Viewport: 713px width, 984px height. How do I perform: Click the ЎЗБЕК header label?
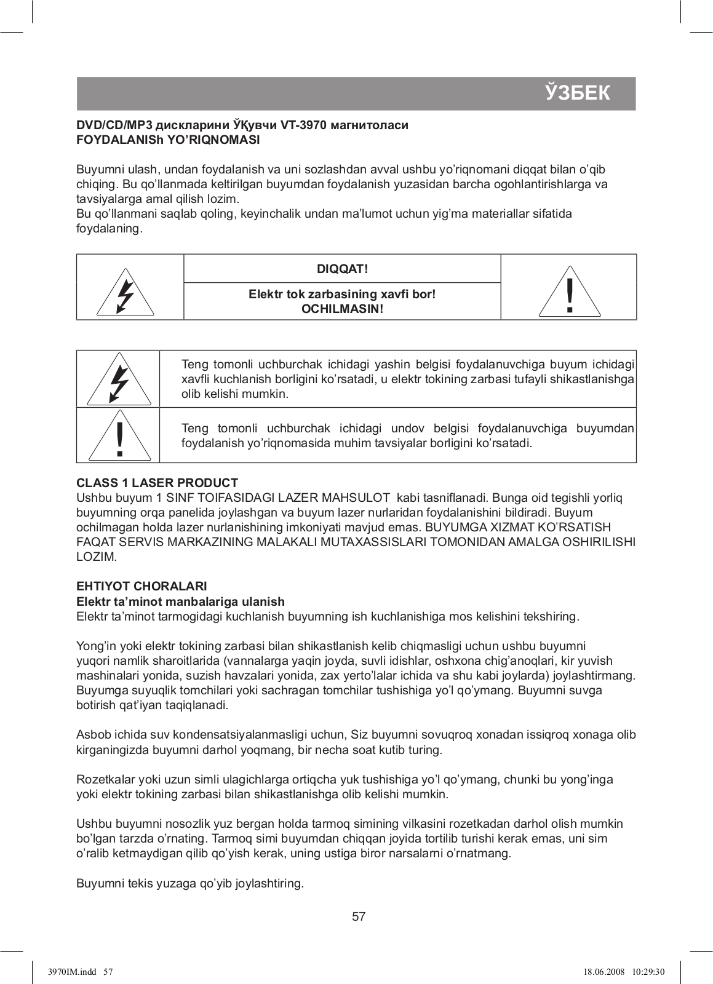578,93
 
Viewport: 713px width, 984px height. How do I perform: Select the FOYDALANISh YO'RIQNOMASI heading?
167,140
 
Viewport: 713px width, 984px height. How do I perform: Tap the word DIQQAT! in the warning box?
342,269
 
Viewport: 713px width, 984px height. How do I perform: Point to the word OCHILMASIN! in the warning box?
342,309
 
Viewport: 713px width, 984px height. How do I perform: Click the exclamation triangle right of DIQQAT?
570,292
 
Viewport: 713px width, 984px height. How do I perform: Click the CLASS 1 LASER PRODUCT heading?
157,483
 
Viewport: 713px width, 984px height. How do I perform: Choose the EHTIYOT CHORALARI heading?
141,586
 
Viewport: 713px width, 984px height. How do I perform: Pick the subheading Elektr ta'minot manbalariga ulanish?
180,601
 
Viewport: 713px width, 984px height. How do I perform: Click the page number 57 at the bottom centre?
359,917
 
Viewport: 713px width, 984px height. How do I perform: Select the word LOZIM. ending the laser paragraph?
96,557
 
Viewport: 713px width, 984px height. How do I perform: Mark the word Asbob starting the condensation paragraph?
91,735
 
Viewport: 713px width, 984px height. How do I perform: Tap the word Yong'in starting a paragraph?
94,646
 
